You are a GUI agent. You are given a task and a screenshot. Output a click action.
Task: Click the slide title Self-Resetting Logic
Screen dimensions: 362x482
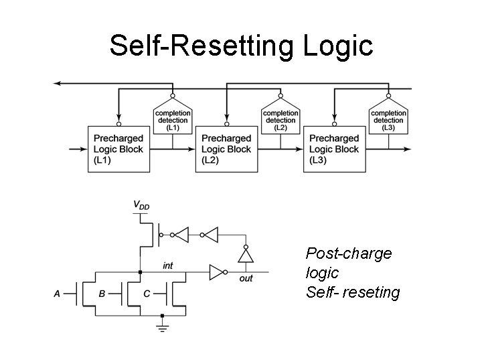pos(240,46)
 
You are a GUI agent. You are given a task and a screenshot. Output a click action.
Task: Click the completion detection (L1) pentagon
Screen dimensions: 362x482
pos(173,119)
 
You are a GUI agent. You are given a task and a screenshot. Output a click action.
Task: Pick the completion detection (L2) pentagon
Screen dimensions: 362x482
pos(280,119)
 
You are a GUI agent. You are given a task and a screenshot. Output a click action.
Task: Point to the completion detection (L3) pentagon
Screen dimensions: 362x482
pos(388,119)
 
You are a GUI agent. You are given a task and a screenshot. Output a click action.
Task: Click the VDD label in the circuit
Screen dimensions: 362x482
pos(141,204)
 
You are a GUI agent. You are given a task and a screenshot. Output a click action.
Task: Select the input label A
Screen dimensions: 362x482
pos(57,294)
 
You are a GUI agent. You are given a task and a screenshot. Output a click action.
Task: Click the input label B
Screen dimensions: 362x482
pos(102,294)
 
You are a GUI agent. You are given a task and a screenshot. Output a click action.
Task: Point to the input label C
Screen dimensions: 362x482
pos(146,294)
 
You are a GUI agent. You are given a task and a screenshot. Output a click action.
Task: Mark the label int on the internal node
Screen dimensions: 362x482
pos(168,266)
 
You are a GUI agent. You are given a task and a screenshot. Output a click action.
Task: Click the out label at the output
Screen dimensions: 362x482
pos(246,279)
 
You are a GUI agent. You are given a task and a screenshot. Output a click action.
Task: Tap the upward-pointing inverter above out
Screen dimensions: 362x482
pos(246,255)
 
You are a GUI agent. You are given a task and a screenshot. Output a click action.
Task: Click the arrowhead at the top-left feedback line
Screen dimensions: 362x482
pos(58,82)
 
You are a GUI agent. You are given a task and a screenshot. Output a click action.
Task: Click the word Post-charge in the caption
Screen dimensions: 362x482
pos(348,253)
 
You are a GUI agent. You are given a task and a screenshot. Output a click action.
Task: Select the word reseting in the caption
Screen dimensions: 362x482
pos(372,292)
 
